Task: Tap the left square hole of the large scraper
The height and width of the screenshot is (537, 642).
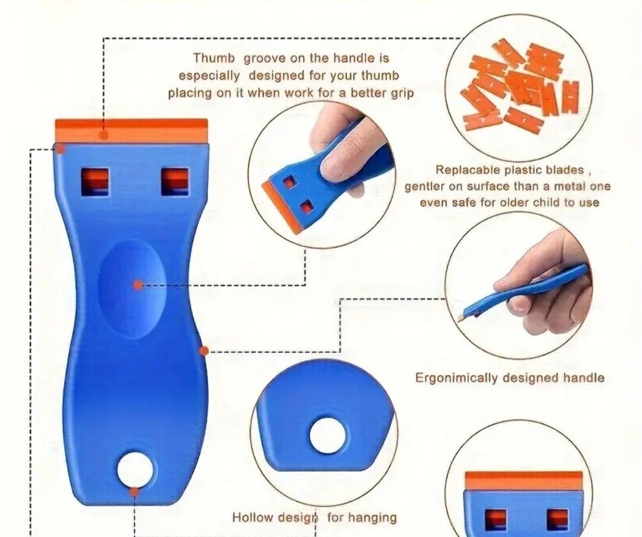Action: point(94,181)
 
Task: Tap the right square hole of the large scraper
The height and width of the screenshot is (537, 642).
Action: point(175,181)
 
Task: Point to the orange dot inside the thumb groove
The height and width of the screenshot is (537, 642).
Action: point(138,285)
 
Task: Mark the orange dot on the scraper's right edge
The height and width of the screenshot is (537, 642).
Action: point(204,351)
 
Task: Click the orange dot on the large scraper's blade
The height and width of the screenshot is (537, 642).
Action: point(103,135)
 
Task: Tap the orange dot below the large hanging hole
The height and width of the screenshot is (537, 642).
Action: point(134,492)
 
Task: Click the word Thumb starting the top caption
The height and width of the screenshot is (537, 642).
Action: point(214,59)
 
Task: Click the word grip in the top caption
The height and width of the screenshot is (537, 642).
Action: point(398,92)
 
